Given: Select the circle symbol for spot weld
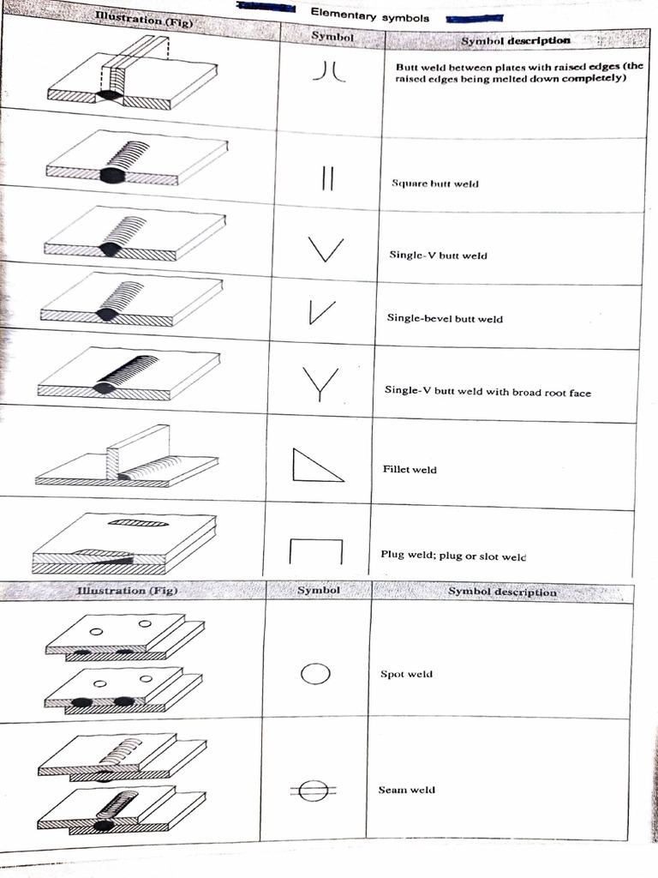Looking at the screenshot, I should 315,675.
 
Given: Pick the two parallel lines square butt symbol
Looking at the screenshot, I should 326,181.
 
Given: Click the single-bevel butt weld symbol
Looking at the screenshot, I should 321,314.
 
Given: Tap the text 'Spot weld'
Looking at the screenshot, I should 406,675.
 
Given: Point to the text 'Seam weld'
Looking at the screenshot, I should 406,790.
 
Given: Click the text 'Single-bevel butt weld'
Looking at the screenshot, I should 445,319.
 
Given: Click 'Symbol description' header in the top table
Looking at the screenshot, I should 515,40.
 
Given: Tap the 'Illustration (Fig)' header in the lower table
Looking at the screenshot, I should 126,590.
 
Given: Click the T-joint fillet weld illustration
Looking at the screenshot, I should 129,459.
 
